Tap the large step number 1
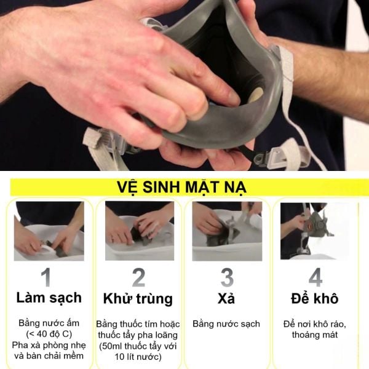tap(49, 277)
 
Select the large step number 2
tap(138, 277)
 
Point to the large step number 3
tap(227, 277)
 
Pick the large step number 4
tap(315, 277)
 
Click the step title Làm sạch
tap(49, 298)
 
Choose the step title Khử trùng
tap(138, 300)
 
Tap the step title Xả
tap(227, 298)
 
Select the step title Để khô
tap(315, 298)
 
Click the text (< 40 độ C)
tap(49, 335)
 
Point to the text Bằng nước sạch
tap(226, 323)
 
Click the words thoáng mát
tap(315, 335)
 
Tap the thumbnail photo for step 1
tap(49, 231)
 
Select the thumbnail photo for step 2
tap(139, 231)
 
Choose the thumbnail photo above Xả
tap(227, 231)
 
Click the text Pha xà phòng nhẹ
tap(49, 346)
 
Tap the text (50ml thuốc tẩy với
tap(138, 346)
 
